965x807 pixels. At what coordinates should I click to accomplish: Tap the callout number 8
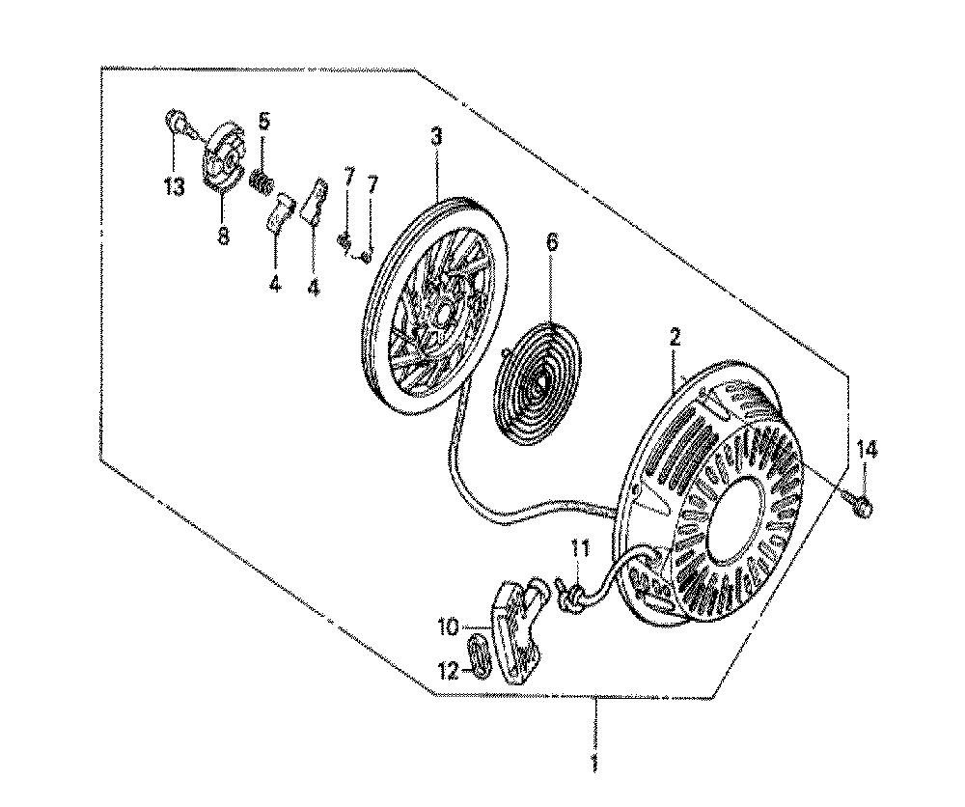coord(223,234)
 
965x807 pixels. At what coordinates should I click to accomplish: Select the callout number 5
coord(263,121)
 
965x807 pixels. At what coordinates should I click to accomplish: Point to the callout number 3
coord(436,136)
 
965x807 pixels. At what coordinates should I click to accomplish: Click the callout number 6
coord(552,241)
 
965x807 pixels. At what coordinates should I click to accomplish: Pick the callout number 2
coord(675,337)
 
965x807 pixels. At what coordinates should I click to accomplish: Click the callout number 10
coord(449,627)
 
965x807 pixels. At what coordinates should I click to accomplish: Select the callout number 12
coord(449,670)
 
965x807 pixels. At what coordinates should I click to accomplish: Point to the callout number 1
coord(593,761)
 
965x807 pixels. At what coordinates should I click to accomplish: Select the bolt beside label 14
coord(858,504)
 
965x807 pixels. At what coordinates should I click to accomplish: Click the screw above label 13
coord(177,122)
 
